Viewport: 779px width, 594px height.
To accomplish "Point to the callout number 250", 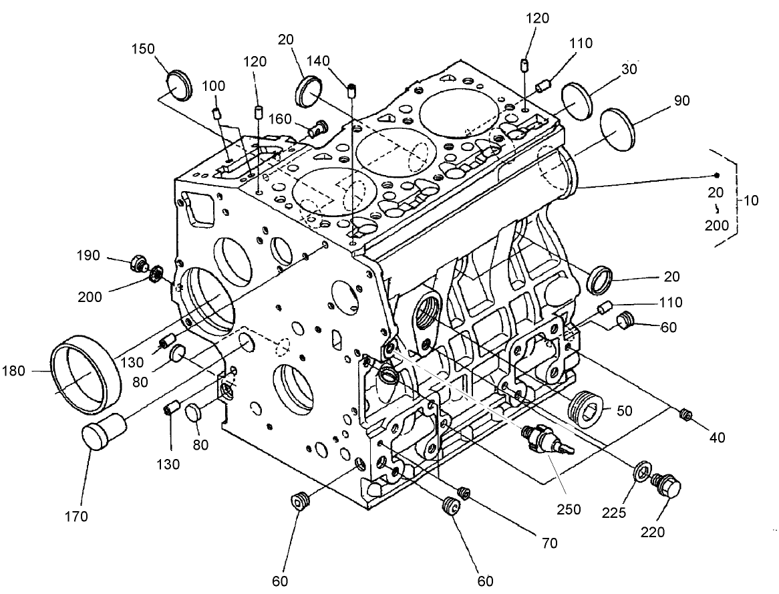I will click(569, 510).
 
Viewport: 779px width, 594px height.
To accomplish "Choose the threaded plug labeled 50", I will click(585, 405).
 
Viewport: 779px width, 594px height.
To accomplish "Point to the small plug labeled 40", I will click(684, 415).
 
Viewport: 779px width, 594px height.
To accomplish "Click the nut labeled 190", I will click(139, 264).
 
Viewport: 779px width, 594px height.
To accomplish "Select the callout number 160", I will click(281, 119).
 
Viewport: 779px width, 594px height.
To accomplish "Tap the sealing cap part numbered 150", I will click(178, 84).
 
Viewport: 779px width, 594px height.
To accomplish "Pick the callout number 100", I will click(214, 86).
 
